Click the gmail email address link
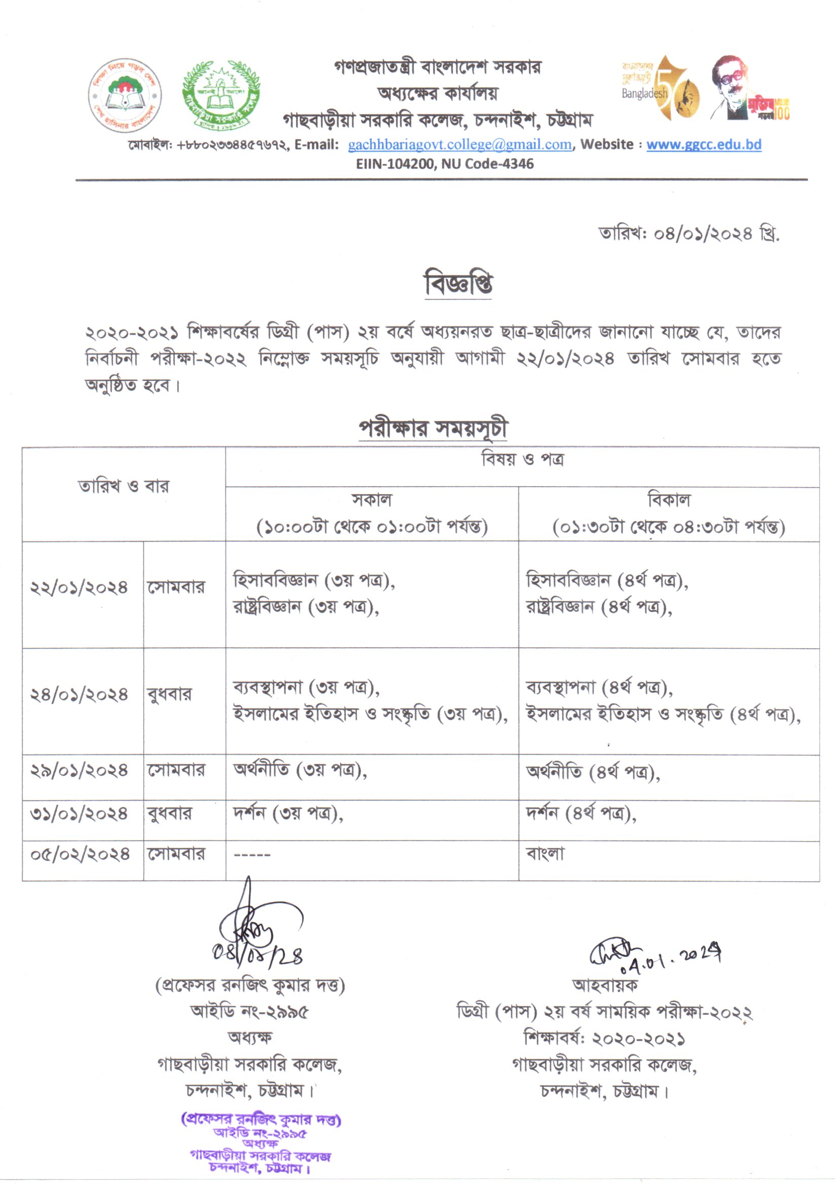coord(460,145)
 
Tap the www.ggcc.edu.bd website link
coord(703,145)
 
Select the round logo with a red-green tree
coord(124,95)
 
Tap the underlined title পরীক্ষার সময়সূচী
coord(434,429)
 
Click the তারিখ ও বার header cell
coord(123,486)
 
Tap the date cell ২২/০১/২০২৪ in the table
coord(79,588)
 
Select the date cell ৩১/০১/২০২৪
coord(79,814)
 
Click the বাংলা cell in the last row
coord(545,854)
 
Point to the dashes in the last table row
coord(252,855)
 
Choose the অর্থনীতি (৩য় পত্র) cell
coord(299,771)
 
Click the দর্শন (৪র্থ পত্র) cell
coord(581,814)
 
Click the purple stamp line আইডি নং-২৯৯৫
coord(260,1133)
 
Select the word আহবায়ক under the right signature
coord(605,985)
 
